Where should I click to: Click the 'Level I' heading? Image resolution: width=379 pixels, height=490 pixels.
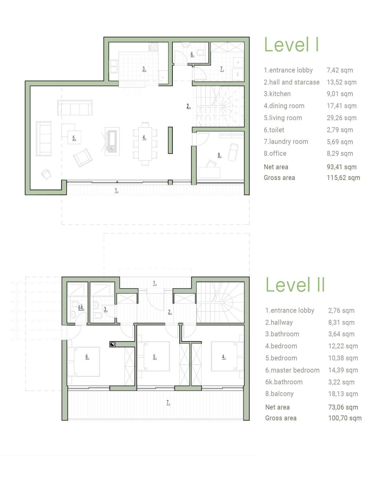pyautogui.click(x=291, y=45)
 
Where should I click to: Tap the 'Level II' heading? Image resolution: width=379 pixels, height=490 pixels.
pyautogui.click(x=295, y=285)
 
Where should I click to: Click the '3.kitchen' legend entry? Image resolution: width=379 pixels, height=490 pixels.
pyautogui.click(x=277, y=94)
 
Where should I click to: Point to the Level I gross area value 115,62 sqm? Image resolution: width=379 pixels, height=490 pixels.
pyautogui.click(x=343, y=178)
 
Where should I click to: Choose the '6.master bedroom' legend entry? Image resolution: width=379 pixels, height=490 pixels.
pyautogui.click(x=292, y=370)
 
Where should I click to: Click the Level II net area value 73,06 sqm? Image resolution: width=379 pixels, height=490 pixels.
pyautogui.click(x=343, y=407)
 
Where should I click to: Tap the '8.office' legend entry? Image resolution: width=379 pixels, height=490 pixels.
pyautogui.click(x=275, y=154)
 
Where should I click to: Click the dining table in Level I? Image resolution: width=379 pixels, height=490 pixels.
pyautogui.click(x=144, y=144)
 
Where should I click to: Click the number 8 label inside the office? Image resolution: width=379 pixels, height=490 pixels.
pyautogui.click(x=219, y=155)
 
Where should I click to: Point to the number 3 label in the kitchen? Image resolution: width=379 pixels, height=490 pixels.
pyautogui.click(x=144, y=69)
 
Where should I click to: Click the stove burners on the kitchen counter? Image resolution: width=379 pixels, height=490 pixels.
pyautogui.click(x=153, y=47)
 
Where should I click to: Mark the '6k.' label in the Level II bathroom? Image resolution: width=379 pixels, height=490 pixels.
pyautogui.click(x=81, y=308)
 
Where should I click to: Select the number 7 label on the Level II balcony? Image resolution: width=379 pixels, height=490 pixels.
pyautogui.click(x=168, y=402)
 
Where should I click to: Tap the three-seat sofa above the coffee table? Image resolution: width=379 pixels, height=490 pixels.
pyautogui.click(x=75, y=108)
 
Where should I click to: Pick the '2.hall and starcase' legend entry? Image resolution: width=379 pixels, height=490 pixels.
pyautogui.click(x=291, y=82)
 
